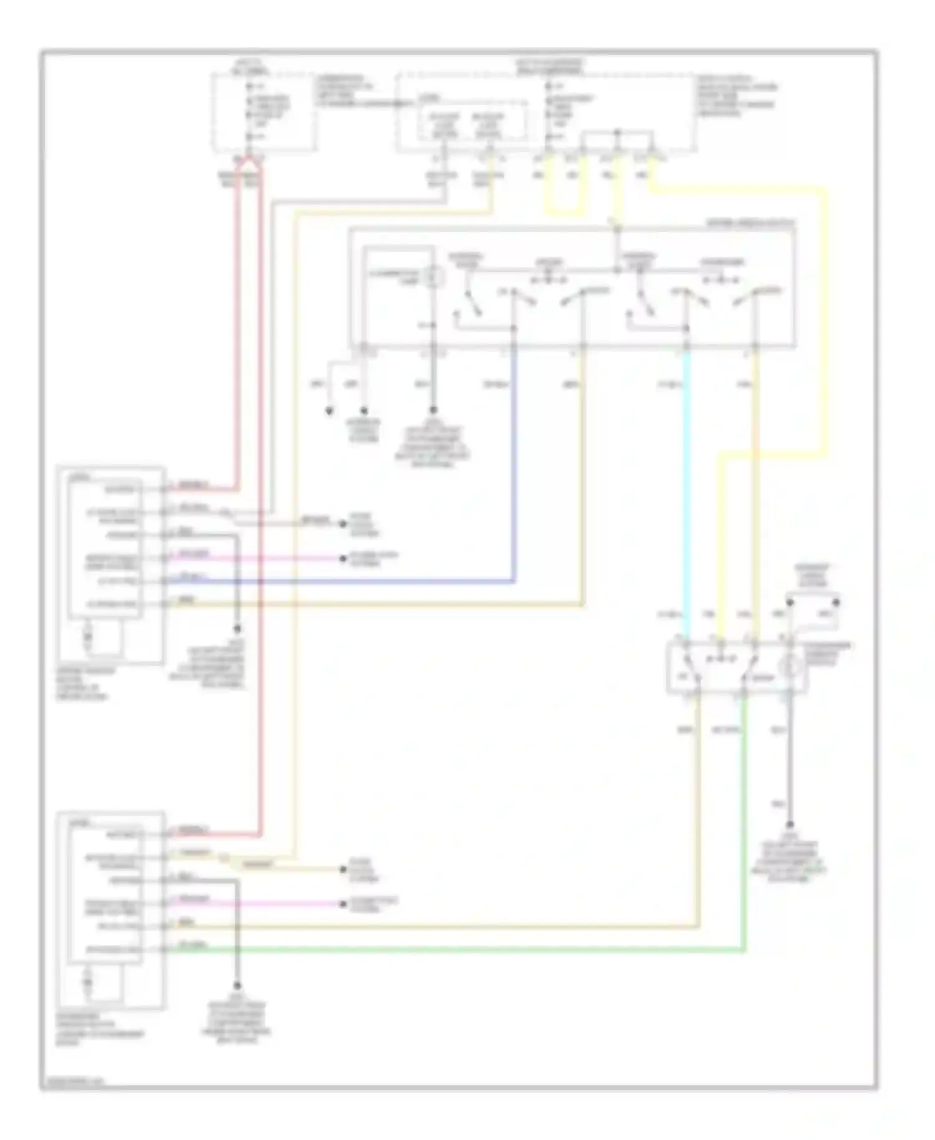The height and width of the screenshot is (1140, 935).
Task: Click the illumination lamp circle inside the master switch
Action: (434, 275)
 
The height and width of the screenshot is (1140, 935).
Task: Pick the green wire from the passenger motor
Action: (436, 950)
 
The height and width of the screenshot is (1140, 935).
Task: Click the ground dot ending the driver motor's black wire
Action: (237, 629)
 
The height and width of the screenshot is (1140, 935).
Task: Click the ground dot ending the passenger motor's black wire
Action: (237, 986)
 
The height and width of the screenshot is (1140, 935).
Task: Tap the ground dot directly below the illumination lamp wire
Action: (434, 411)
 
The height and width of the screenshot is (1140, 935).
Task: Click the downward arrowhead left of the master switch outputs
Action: (329, 412)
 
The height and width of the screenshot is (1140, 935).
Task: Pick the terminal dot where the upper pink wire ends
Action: (342, 558)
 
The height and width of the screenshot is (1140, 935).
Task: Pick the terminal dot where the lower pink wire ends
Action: (342, 904)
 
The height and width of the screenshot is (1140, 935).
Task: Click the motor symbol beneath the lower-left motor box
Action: (88, 983)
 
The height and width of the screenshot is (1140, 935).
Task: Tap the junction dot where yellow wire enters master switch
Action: (617, 229)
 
